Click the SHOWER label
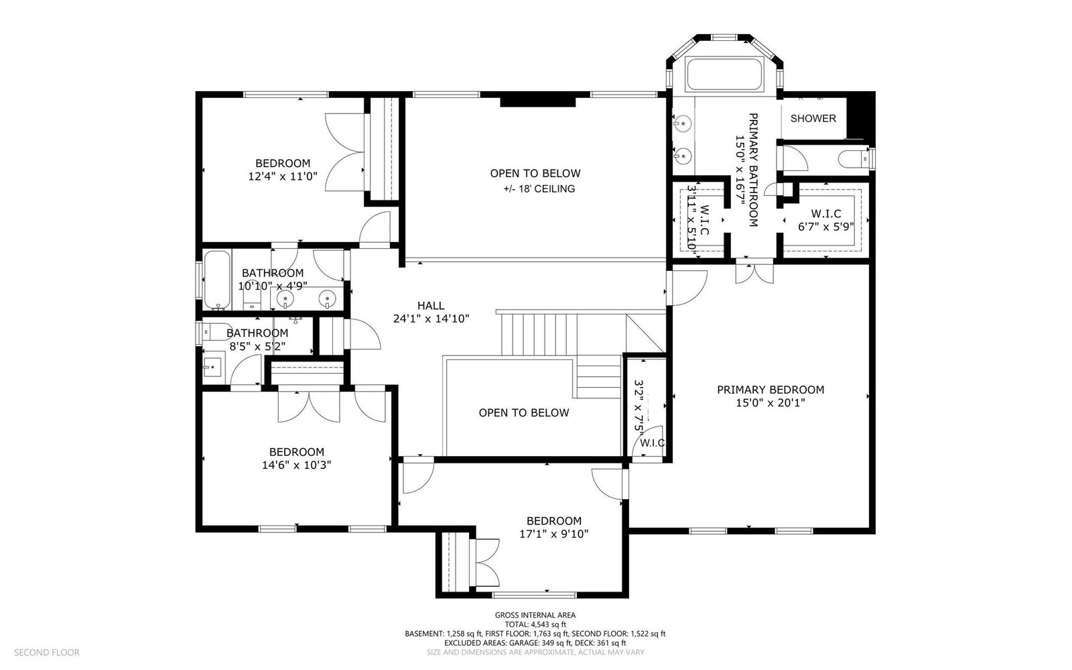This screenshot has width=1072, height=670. tap(813, 118)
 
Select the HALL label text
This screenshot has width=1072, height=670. tap(431, 306)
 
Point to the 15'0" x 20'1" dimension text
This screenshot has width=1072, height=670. tap(770, 403)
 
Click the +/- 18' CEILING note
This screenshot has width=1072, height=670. tap(539, 188)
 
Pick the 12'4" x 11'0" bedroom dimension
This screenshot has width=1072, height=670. tap(283, 176)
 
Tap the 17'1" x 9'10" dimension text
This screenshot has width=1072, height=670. tap(554, 533)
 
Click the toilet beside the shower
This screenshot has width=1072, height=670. tap(854, 158)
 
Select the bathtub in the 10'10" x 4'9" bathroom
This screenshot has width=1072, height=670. tap(217, 280)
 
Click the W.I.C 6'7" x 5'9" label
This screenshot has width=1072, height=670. tap(826, 220)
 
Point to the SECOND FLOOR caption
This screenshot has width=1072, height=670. tap(47, 653)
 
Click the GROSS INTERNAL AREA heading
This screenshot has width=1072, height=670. tap(535, 615)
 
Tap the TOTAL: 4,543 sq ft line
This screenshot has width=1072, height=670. tap(535, 624)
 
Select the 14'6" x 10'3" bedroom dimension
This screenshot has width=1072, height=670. tap(297, 465)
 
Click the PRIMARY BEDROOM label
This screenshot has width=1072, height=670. tap(770, 390)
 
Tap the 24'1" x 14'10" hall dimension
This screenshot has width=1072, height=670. tap(431, 319)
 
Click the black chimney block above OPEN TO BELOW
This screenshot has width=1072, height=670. tap(537, 101)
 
